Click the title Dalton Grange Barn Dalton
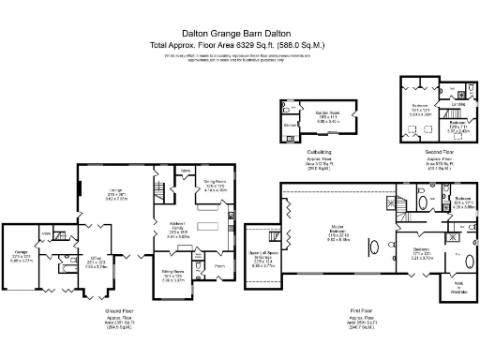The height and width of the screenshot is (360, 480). [240, 31]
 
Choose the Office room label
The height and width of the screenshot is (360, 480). [97, 262]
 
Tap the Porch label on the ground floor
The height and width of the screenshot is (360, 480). [219, 265]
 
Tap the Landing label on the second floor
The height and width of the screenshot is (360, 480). [459, 104]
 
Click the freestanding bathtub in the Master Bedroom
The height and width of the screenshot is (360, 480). [375, 248]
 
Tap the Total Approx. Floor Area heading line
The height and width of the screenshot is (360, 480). [240, 45]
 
